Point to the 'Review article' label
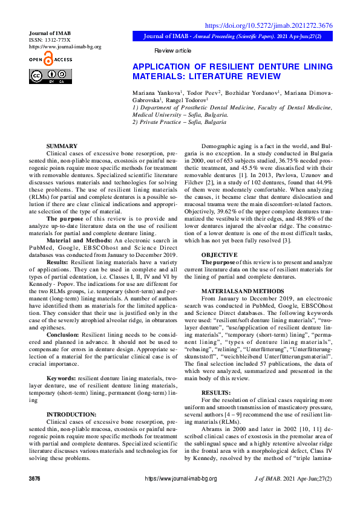(173, 51)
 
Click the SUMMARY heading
(62, 146)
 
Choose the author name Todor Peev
(203, 92)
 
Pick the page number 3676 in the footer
(34, 495)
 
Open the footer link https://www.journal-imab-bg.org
(180, 495)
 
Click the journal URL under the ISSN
(65, 47)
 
